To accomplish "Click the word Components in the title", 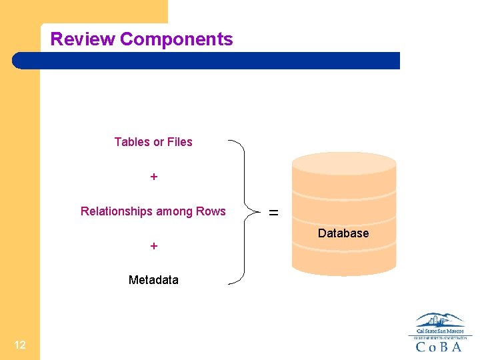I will click(x=177, y=39).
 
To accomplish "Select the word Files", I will click(x=180, y=142).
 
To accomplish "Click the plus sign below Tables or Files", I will click(x=154, y=177).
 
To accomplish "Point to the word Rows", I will click(x=211, y=212).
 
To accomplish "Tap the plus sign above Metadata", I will click(x=154, y=246).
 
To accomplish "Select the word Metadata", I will click(x=153, y=280).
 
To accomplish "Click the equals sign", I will click(x=273, y=213).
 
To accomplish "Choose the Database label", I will click(x=343, y=233).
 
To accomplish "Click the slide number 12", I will click(x=20, y=345).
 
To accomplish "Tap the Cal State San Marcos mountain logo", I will click(x=440, y=321).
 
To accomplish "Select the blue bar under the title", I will click(x=207, y=61).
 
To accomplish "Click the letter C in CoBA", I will click(x=420, y=347).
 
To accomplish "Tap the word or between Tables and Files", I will click(x=159, y=142).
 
